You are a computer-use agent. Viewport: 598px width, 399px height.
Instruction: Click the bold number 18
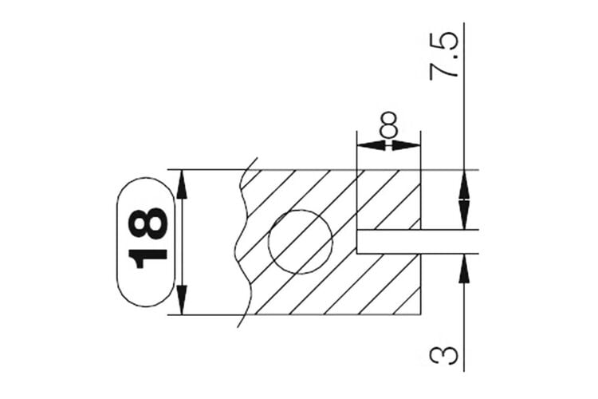point(148,239)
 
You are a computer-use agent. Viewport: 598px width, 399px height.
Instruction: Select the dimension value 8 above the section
point(388,124)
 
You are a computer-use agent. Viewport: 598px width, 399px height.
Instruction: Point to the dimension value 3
point(443,355)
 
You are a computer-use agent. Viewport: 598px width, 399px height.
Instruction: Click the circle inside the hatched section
point(301,242)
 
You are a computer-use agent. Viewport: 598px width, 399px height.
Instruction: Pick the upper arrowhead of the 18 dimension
point(182,184)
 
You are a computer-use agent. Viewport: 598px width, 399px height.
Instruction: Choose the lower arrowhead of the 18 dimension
point(182,300)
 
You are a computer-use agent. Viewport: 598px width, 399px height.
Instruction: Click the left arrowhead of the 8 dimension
point(371,145)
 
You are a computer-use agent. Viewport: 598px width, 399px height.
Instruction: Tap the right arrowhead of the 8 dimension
point(407,145)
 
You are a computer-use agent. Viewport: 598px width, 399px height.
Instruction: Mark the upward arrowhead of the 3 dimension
point(464,268)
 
